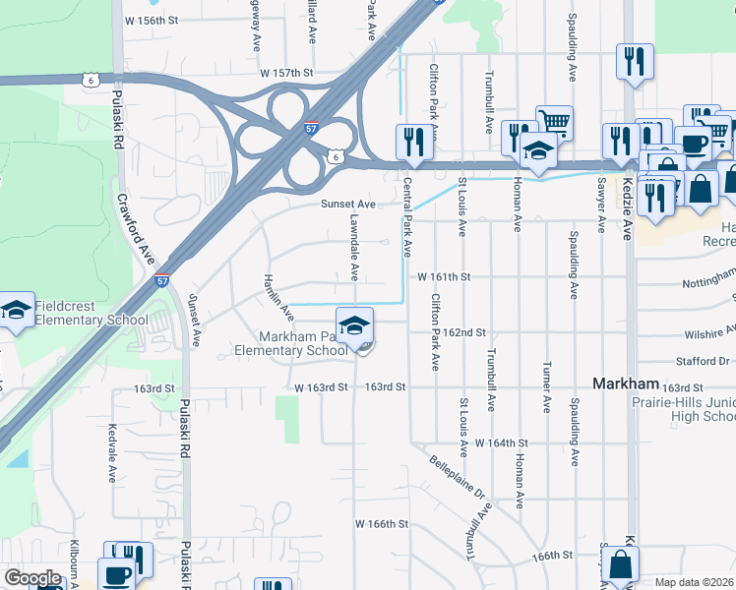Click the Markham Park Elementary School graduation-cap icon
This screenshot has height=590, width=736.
(355, 324)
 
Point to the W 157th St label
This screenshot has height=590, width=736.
(286, 73)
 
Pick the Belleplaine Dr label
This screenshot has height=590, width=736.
(457, 481)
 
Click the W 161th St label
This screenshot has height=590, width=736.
(445, 277)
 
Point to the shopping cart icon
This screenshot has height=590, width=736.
(555, 122)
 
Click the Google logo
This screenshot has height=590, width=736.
(31, 577)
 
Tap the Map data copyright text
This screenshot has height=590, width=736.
(695, 581)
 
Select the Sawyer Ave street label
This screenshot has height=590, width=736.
(599, 207)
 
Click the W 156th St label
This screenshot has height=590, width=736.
(151, 20)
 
